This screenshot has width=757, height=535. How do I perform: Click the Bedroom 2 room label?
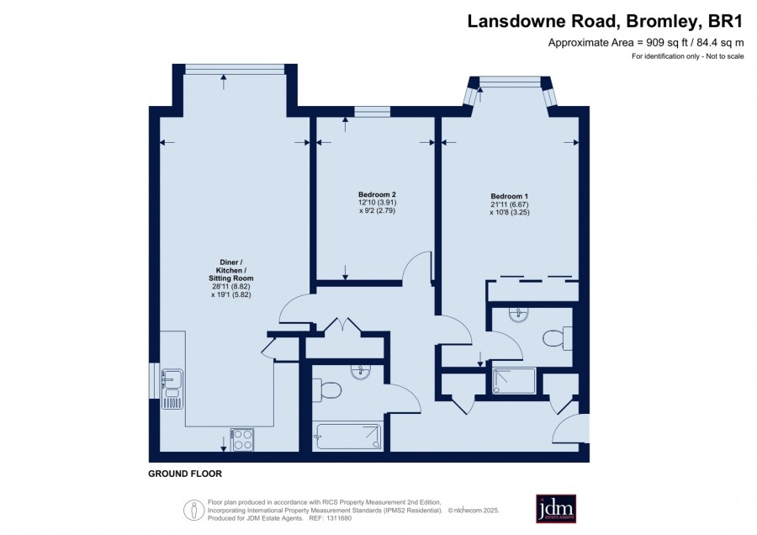click(378, 194)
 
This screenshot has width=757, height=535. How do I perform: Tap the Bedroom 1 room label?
click(510, 196)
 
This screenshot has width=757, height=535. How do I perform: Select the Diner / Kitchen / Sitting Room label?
click(230, 270)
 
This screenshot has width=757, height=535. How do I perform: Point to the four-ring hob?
click(242, 439)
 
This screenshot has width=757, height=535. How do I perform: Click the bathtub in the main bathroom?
click(347, 437)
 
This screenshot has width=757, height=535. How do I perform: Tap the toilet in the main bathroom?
click(327, 389)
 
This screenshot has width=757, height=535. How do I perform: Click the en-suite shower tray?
click(514, 380)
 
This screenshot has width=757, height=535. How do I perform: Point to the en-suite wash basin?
click(519, 315)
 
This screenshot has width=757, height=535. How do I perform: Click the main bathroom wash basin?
click(360, 373)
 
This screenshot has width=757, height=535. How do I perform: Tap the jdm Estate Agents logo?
click(556, 508)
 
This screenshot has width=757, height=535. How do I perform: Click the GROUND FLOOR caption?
click(185, 474)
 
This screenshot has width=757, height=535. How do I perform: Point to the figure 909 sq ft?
click(666, 43)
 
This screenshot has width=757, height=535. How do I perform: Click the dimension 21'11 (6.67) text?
click(510, 204)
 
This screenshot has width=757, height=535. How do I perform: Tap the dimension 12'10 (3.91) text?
click(378, 203)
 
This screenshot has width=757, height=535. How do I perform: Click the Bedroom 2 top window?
click(373, 111)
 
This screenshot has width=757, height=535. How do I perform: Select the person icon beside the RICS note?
click(194, 510)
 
